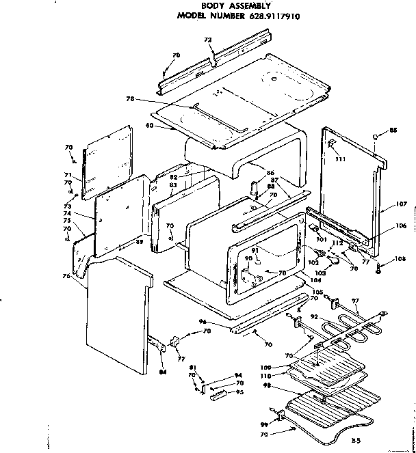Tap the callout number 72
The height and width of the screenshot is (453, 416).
pyautogui.click(x=208, y=40)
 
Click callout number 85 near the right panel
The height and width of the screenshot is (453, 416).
pyautogui.click(x=393, y=130)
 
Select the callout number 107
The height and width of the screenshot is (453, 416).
pyautogui.click(x=402, y=204)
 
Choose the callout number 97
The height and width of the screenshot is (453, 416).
pyautogui.click(x=354, y=301)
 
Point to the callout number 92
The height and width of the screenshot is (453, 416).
pyautogui.click(x=313, y=316)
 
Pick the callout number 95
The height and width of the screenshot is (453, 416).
pyautogui.click(x=239, y=392)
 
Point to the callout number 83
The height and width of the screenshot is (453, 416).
pyautogui.click(x=172, y=185)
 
